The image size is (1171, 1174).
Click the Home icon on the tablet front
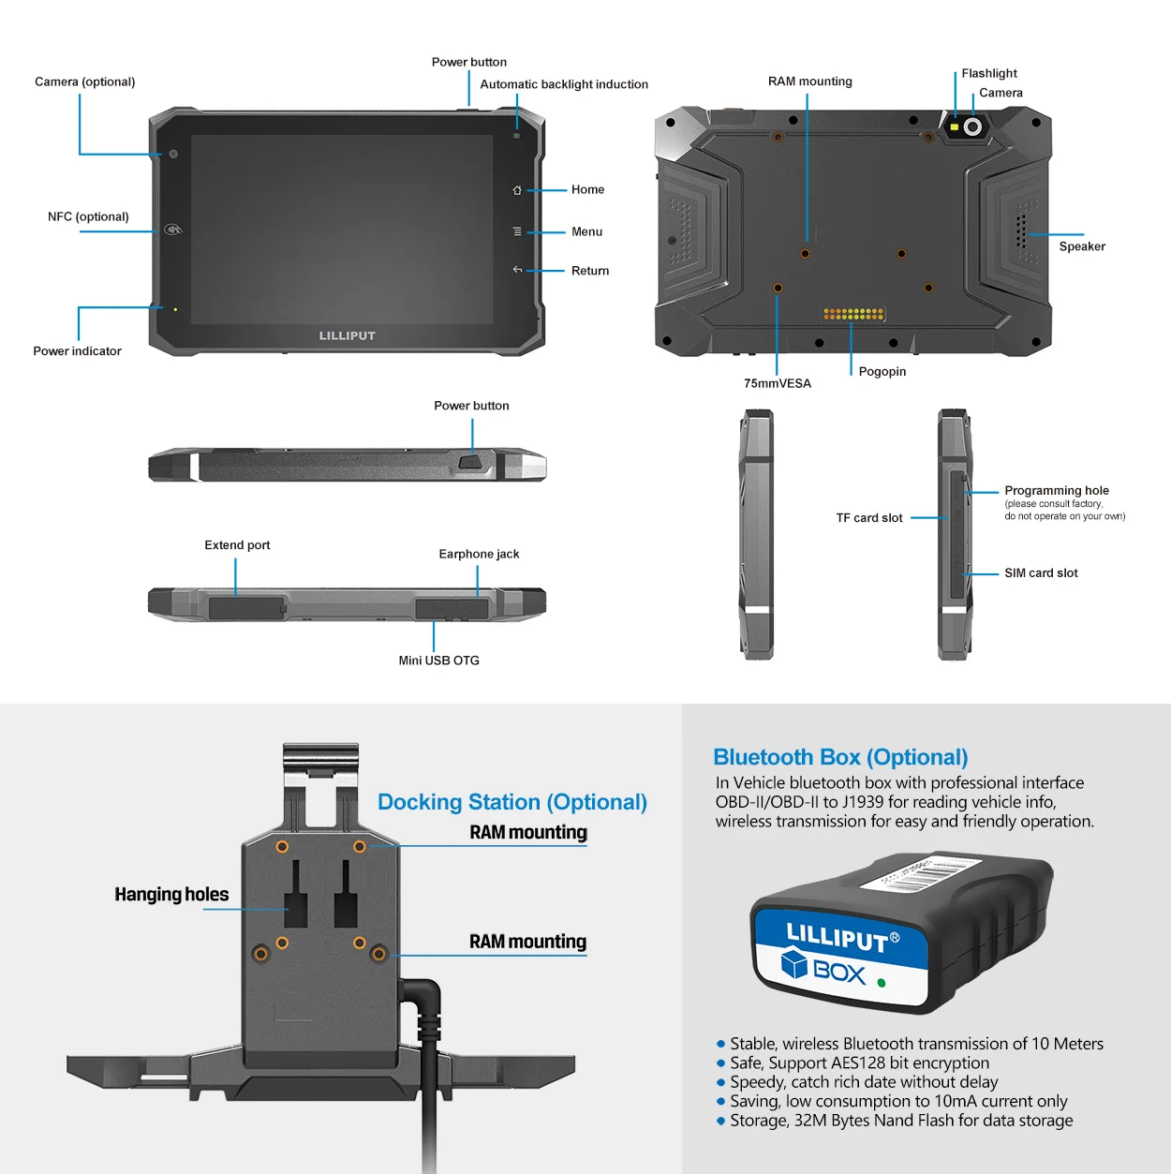coord(517,190)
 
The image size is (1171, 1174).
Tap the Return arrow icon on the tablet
coord(517,270)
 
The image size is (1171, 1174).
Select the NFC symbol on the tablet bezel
coord(173,230)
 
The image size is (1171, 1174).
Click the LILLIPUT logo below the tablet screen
coord(347,335)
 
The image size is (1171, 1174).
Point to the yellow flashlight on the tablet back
coord(955,126)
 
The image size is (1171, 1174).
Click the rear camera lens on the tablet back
coord(973,126)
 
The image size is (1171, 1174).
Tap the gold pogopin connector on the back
coord(853,314)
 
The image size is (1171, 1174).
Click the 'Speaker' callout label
coord(1082,246)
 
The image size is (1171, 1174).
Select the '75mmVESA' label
coord(778,383)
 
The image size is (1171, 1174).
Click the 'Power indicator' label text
coord(78,351)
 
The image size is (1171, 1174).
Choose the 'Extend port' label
coord(237,545)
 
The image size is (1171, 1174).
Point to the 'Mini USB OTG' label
coord(438,661)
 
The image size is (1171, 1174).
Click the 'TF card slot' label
coord(869,518)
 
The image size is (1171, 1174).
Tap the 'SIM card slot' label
coord(1041,573)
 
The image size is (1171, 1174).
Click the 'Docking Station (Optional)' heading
coord(512,802)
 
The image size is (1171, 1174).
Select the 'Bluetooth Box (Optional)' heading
coord(840,757)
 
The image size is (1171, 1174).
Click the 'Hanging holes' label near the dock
coord(171,895)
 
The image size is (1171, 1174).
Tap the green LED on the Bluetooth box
coord(881,983)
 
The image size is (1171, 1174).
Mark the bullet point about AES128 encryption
coord(859,1063)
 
